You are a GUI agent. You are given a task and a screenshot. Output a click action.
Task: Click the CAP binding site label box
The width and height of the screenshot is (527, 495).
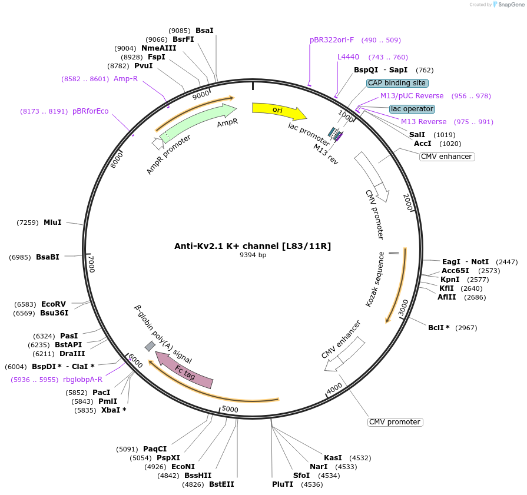coord(397,83)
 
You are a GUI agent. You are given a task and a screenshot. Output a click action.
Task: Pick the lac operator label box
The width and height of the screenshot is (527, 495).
coord(412,109)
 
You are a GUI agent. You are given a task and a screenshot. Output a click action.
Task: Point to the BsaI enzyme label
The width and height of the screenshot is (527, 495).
coord(204,30)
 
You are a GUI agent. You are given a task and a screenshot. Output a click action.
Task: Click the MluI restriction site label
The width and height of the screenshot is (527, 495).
coord(52,222)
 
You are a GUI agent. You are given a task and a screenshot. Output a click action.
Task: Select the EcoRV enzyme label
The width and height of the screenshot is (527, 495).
coord(53,304)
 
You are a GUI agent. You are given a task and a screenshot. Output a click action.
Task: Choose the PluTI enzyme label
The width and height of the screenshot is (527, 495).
coord(283,484)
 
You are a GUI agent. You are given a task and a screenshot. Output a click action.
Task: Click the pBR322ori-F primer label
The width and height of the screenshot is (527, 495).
coord(332,40)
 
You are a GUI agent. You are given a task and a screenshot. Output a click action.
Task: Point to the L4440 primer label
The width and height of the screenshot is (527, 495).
coord(348,57)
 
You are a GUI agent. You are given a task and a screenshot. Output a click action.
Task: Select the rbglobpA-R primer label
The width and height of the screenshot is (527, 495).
coord(82,380)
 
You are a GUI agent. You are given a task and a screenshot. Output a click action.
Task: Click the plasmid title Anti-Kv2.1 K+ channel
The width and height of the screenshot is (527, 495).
coord(253,246)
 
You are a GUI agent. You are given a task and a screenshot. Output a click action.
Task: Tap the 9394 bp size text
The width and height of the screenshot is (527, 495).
coord(253,255)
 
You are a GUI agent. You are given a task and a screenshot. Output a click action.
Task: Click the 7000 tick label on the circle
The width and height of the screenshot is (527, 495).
coord(91,263)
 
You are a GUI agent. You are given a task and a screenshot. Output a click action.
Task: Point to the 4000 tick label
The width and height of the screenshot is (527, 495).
coord(334,389)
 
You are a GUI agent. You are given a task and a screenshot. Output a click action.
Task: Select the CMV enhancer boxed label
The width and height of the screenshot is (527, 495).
coord(447,157)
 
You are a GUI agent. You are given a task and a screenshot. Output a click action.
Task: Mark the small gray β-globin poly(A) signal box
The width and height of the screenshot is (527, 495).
coord(150,346)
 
